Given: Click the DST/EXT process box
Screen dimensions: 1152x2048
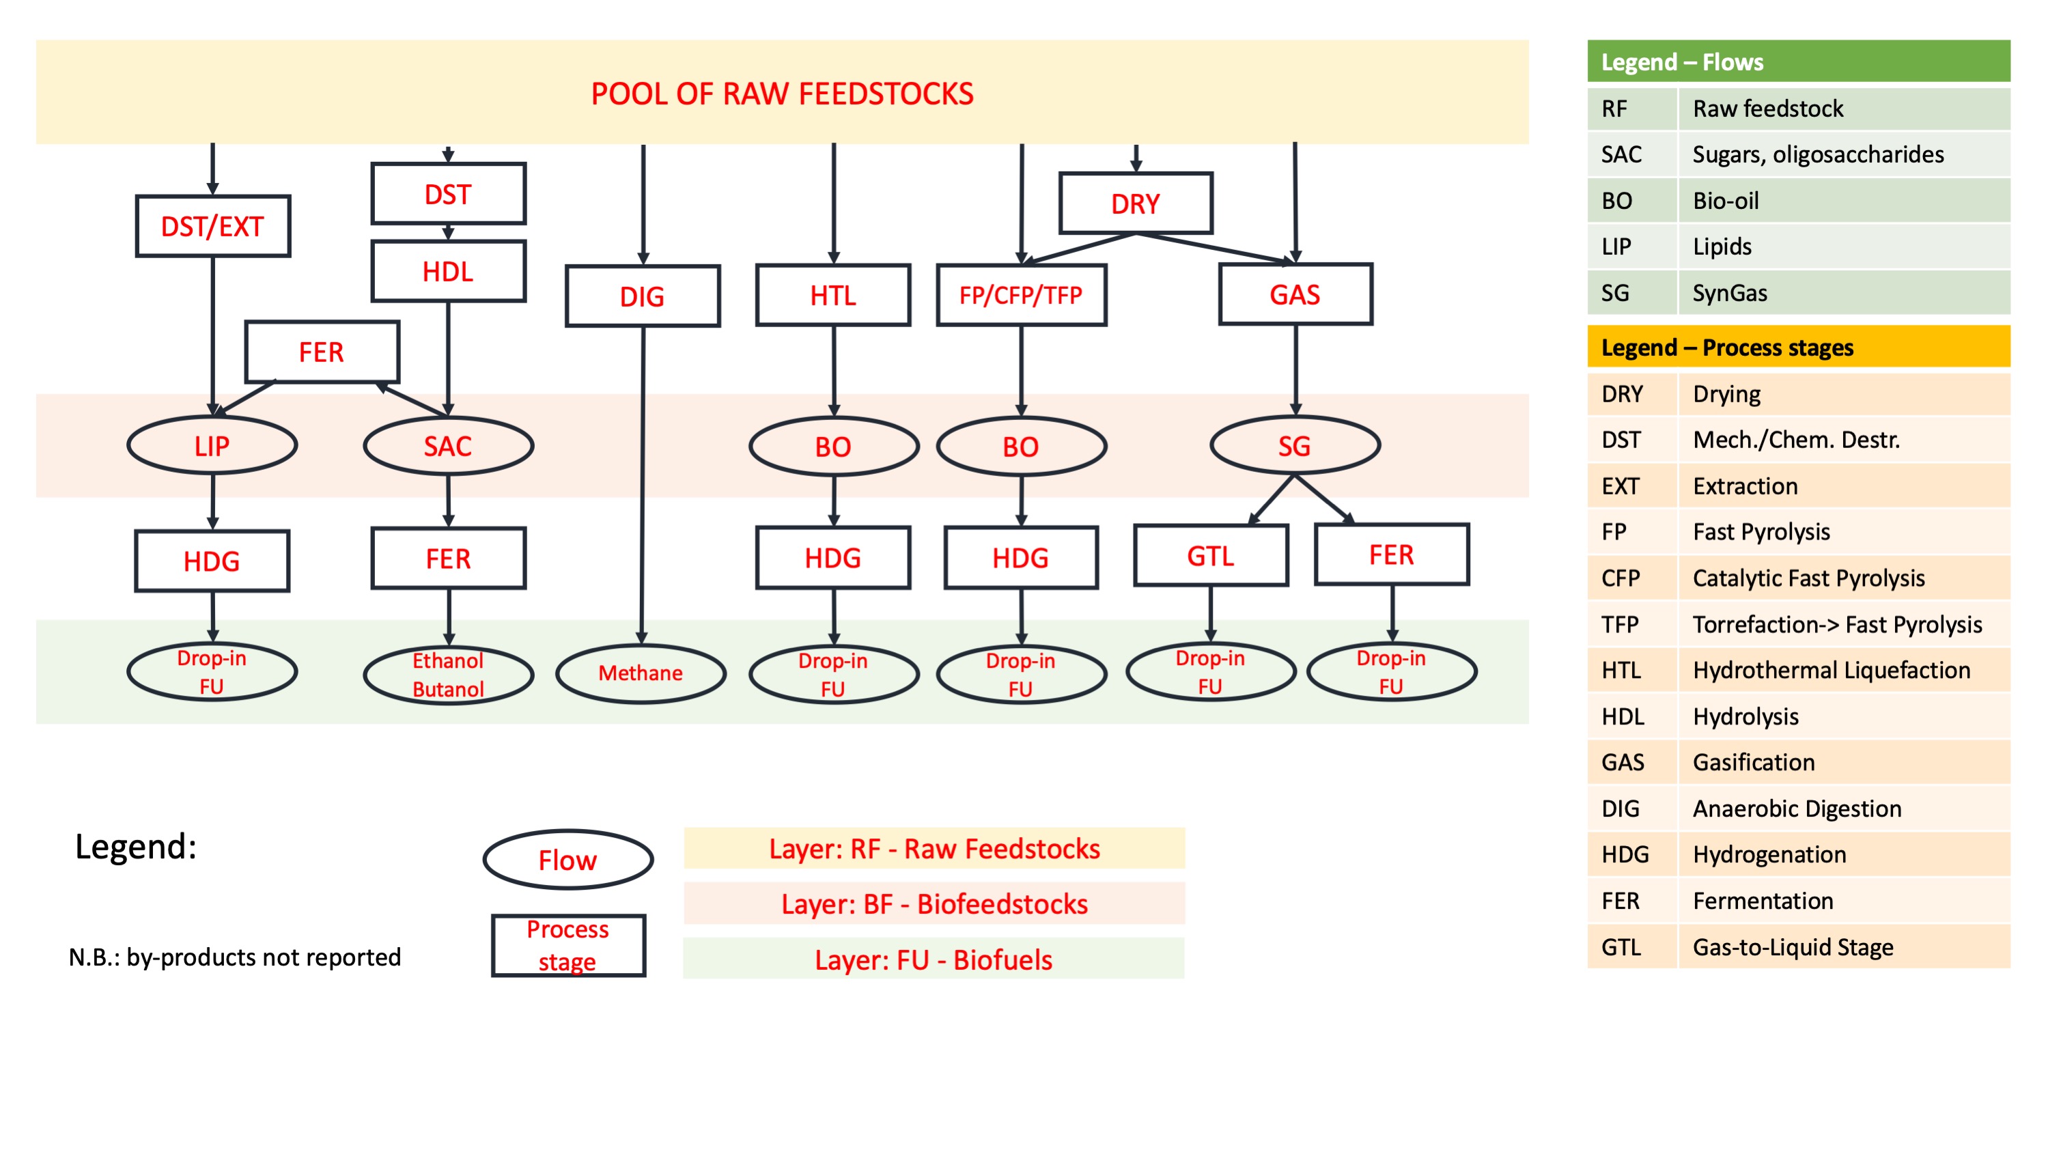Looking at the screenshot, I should [212, 227].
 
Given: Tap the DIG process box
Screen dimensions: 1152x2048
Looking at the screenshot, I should [643, 296].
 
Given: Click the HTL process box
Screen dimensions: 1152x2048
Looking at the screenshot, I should [833, 296].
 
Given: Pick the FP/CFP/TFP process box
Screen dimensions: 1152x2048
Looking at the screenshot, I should [1021, 296].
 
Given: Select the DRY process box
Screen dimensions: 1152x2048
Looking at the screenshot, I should [1135, 203].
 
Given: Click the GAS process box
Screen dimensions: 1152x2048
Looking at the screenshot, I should [1295, 295].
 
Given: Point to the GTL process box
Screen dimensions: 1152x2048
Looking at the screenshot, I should [1210, 556].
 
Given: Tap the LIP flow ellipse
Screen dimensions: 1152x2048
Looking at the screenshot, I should [212, 446].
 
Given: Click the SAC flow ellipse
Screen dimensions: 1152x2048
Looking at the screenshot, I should [447, 446].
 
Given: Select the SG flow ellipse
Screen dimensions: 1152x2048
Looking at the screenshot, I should [1294, 446].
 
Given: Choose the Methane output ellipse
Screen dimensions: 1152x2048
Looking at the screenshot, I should [641, 673].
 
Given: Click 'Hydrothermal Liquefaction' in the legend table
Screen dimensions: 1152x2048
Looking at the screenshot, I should [1831, 670].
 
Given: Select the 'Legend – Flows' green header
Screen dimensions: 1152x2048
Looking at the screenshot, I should [1798, 62].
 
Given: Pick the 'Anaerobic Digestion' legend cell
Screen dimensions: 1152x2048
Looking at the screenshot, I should [1797, 809].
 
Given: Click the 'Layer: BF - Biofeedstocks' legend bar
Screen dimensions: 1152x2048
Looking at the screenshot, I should [934, 904].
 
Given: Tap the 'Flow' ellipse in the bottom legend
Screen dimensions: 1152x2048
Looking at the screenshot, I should [567, 860].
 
